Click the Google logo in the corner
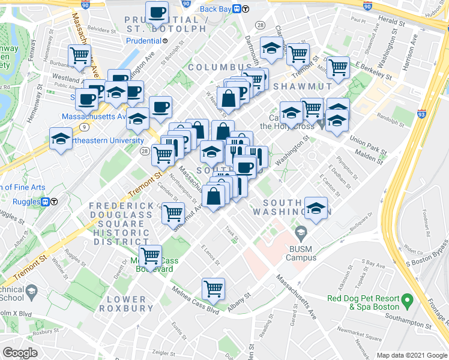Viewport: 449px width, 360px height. (x=20, y=353)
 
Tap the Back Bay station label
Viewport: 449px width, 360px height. (x=216, y=8)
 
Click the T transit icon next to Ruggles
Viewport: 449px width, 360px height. (x=53, y=202)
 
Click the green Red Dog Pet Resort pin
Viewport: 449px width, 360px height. (x=407, y=298)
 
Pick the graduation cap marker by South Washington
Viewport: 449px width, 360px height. (x=316, y=208)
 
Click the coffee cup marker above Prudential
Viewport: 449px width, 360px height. (x=158, y=11)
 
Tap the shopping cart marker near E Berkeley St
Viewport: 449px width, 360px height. (x=339, y=67)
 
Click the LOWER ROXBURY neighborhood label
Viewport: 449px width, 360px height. (x=126, y=303)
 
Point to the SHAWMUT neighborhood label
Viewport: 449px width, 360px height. (x=303, y=86)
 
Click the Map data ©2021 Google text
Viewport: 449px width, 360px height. (x=411, y=355)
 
